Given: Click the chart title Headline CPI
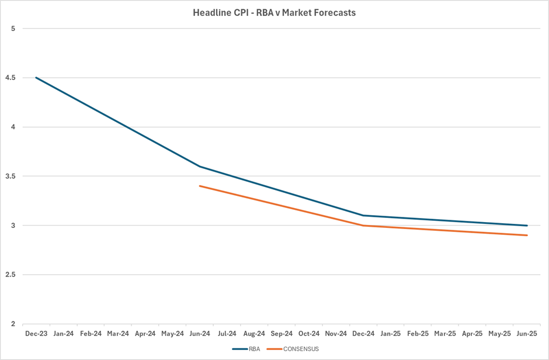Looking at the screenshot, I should [274, 12].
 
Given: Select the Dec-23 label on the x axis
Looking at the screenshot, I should [36, 334].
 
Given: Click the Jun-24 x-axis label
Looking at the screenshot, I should [200, 334].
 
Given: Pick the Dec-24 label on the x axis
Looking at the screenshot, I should [363, 334].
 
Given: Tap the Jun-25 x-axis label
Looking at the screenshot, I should [527, 334].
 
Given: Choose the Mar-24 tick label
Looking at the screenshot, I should [118, 334].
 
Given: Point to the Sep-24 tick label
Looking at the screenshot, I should [282, 334].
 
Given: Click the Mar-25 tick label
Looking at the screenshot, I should [445, 334].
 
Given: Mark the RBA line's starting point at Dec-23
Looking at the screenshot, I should [36, 78].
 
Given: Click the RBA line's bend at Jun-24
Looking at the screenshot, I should [200, 167].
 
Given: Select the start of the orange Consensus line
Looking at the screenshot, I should [200, 186].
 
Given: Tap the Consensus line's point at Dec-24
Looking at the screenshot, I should [363, 226].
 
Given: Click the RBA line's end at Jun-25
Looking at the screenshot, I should [527, 226].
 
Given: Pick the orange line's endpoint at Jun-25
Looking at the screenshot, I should [527, 236].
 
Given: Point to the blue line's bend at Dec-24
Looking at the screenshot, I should [363, 216].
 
